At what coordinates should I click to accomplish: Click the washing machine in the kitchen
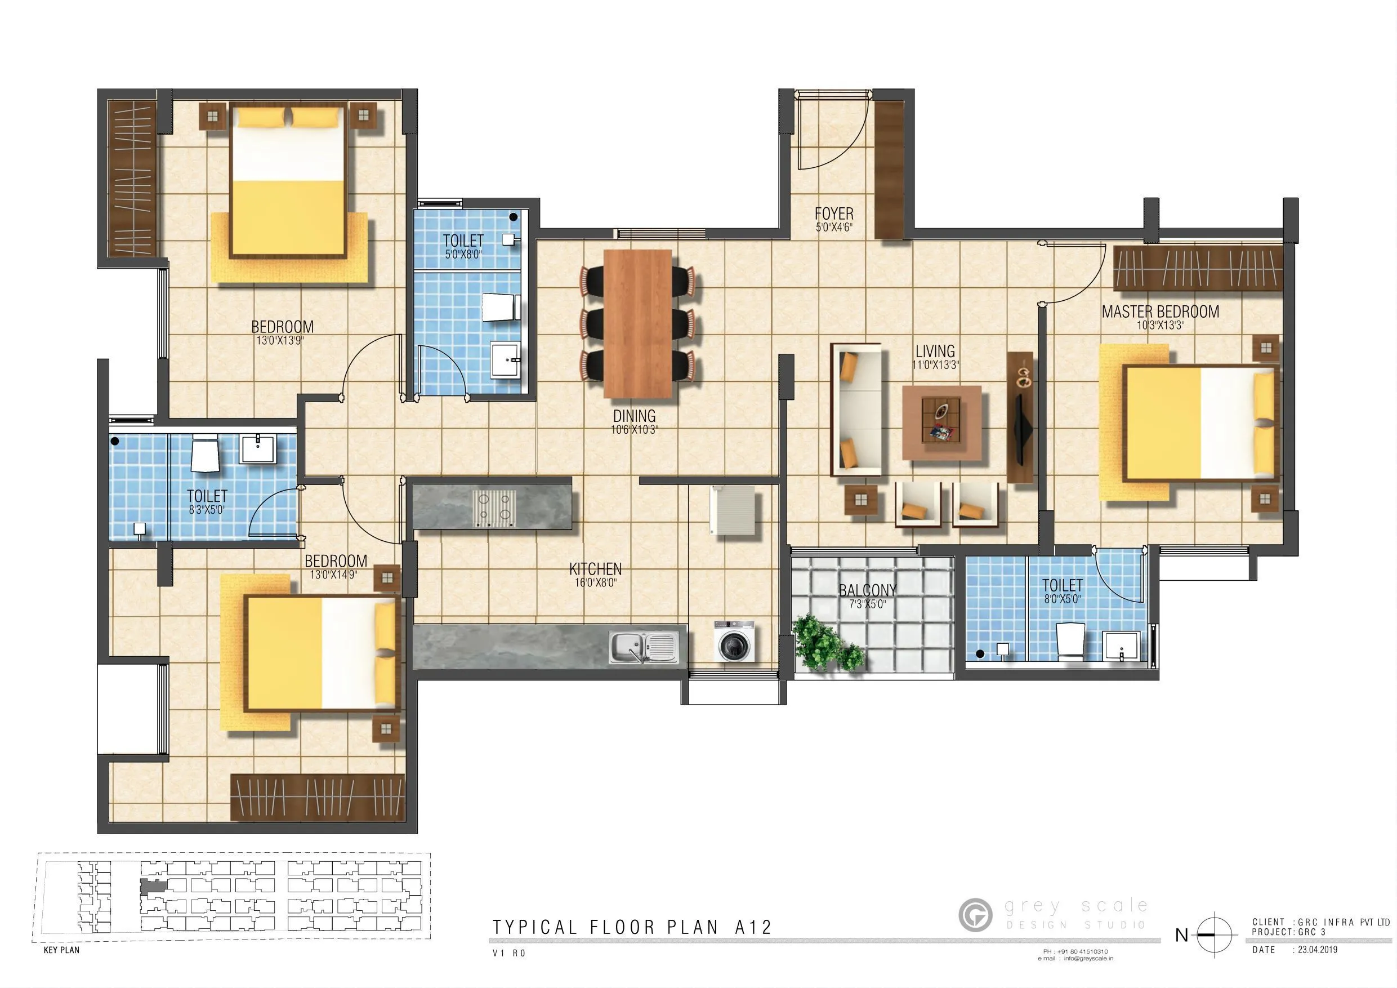click(x=734, y=641)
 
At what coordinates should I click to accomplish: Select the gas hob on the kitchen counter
click(x=493, y=508)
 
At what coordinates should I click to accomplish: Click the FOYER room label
click(x=833, y=214)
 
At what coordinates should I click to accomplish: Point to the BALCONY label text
click(x=867, y=590)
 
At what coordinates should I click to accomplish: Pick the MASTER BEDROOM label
click(x=1161, y=311)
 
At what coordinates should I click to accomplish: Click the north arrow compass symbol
click(x=1215, y=934)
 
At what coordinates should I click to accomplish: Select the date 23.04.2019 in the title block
click(x=1317, y=950)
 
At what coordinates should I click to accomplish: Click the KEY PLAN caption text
click(x=61, y=950)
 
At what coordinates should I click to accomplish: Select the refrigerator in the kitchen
click(x=733, y=510)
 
